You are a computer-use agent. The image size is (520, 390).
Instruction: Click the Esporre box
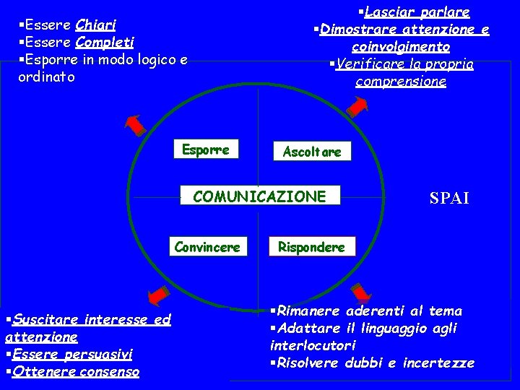(205, 150)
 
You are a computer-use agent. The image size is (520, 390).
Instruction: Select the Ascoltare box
(306, 152)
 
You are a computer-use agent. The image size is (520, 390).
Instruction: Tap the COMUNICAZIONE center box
(259, 196)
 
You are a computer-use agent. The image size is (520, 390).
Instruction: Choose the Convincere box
(207, 247)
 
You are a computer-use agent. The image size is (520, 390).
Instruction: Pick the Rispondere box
(312, 247)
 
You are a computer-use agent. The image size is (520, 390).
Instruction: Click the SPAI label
(449, 198)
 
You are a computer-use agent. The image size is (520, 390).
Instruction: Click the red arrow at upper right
(358, 105)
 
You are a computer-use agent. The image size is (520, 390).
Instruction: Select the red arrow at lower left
(156, 295)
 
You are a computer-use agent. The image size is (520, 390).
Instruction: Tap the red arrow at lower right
(361, 292)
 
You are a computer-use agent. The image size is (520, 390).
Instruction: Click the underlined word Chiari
(101, 26)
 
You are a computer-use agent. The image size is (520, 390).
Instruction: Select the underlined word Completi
(110, 43)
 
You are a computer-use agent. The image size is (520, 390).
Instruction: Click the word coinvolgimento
(401, 47)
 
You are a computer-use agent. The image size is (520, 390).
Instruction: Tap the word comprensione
(401, 82)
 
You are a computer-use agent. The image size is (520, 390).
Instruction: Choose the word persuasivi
(106, 355)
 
